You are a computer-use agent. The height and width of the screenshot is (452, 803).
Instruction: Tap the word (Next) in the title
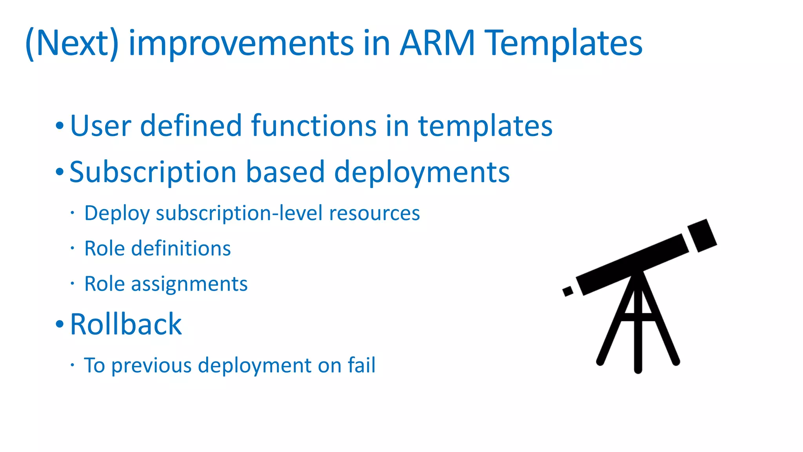[x=72, y=44]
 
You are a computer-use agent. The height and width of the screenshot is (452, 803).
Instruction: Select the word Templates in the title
[x=563, y=44]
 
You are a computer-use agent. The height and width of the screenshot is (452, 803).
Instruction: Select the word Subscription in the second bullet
[x=153, y=173]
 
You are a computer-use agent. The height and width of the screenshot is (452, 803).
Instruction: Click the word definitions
[x=181, y=249]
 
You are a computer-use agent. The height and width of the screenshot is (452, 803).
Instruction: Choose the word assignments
[x=189, y=284]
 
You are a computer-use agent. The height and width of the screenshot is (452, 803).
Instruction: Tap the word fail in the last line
[x=362, y=365]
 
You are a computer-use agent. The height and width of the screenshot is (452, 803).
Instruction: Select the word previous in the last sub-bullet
[x=152, y=366]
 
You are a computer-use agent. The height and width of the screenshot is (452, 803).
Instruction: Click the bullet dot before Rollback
[x=59, y=324]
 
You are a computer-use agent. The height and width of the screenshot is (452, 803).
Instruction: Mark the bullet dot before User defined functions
[x=59, y=126]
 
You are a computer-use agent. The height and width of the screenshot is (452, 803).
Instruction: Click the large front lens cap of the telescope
[x=702, y=235]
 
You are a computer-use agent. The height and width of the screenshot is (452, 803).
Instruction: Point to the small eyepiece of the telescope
[x=567, y=291]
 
